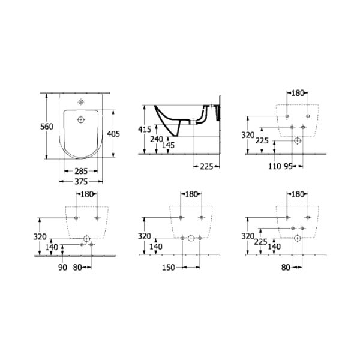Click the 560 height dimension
pyautogui.click(x=47, y=127)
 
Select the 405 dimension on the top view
pyautogui.click(x=113, y=134)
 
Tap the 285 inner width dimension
pyautogui.click(x=81, y=171)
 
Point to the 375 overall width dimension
pyautogui.click(x=81, y=182)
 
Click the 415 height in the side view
pyautogui.click(x=145, y=130)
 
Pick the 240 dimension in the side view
pyautogui.click(x=157, y=139)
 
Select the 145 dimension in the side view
pyautogui.click(x=168, y=145)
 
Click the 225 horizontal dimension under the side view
pyautogui.click(x=206, y=166)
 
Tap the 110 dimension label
pyautogui.click(x=275, y=166)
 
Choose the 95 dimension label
pyautogui.click(x=289, y=166)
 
